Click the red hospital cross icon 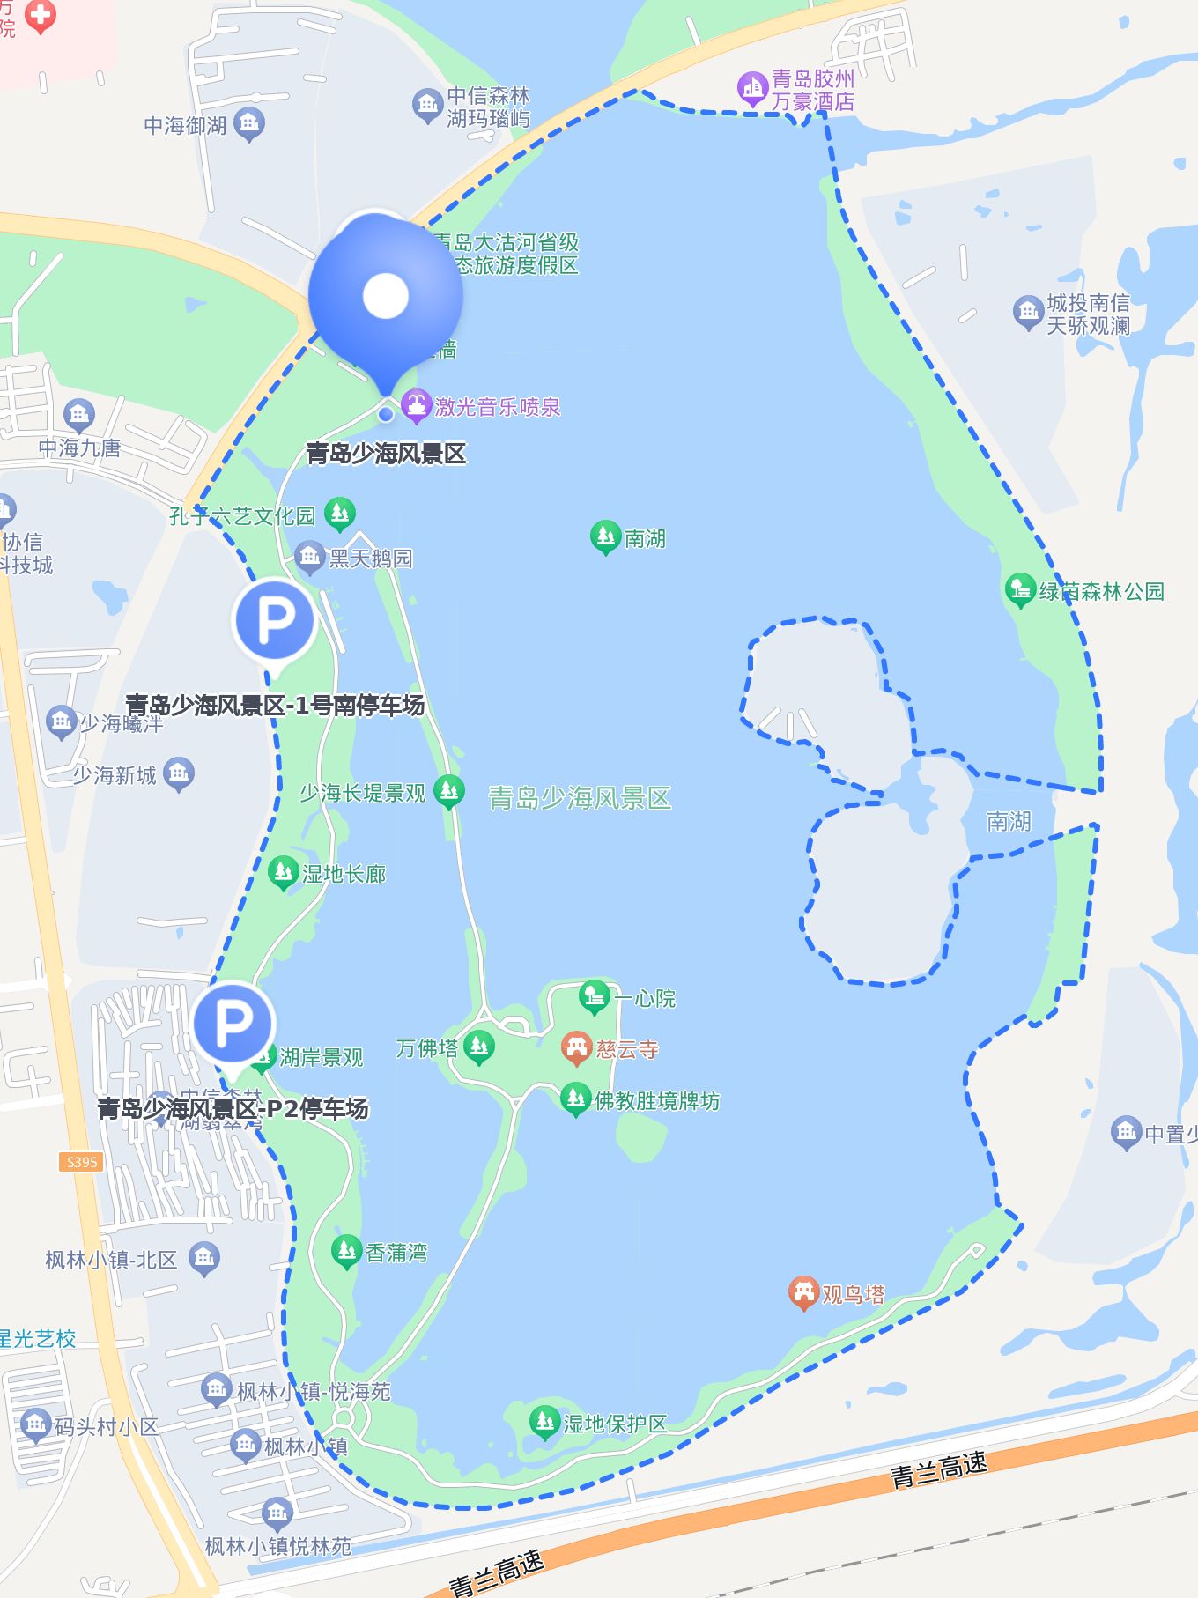(40, 15)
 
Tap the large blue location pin (385, 296)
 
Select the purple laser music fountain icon (416, 405)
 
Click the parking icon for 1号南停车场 (275, 620)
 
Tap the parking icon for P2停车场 (233, 1025)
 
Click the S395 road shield (82, 1162)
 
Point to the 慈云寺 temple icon (576, 1047)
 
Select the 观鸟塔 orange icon (802, 1292)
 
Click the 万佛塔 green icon (479, 1047)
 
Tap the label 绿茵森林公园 (1101, 591)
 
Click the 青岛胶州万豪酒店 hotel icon (752, 87)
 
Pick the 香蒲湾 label (396, 1252)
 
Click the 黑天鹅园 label (370, 559)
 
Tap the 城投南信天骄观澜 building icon (1027, 311)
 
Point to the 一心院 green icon (595, 996)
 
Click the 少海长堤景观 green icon (449, 791)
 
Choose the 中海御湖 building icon (249, 123)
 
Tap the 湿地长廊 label (344, 874)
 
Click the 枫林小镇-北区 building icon (204, 1258)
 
